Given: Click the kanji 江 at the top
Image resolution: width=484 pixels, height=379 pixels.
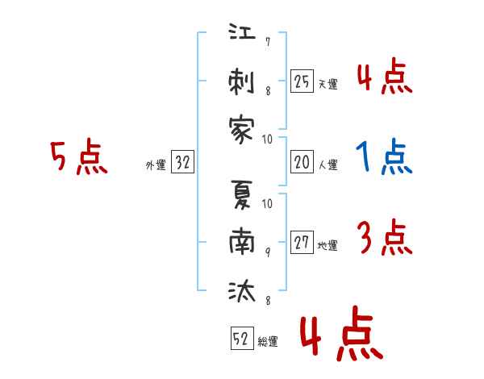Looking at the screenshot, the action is coord(242,31).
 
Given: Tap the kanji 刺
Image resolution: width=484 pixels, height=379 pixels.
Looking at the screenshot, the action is coord(241,81).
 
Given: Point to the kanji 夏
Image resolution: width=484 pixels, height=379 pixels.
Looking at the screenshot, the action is coord(242,194).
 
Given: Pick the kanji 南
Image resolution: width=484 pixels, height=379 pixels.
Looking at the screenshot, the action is coord(242,242).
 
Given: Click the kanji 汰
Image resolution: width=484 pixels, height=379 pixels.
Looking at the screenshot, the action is coord(242,291).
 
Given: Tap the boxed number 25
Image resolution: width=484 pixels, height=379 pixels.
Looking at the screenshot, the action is coord(302,81).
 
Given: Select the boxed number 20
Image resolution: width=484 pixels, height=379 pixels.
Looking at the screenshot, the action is coord(302,162).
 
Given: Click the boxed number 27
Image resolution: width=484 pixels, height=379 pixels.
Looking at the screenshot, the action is coord(302,242).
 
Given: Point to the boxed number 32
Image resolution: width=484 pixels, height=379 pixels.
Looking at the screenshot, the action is coord(182,162).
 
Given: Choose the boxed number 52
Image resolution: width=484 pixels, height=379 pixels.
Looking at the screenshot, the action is coord(242,338).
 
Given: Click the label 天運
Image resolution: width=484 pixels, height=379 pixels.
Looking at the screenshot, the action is coord(328,84).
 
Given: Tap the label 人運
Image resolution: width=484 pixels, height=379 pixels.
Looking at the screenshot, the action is coord(328,165).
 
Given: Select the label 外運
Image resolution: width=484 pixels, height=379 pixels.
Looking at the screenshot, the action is coord(156,165).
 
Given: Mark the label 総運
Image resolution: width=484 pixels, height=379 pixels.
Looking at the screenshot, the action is coord(268,341).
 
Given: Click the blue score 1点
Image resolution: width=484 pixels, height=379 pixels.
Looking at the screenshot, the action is coord(384,156).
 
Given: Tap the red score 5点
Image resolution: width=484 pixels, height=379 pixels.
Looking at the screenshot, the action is coord(79,156).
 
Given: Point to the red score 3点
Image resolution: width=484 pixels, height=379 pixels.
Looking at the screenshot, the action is coord(385,237).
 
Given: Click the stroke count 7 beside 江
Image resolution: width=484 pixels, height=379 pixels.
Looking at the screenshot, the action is coord(268,42).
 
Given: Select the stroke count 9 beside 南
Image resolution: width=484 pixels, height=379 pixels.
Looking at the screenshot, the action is coord(268,252).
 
